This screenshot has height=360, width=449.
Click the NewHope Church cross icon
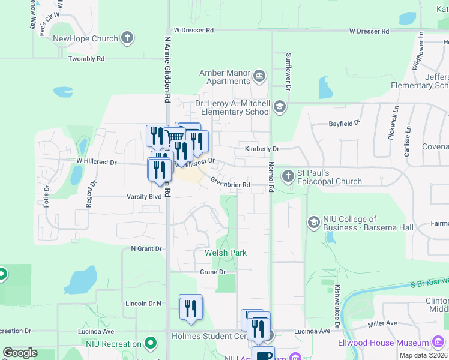127,39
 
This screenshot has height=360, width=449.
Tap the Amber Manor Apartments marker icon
259,75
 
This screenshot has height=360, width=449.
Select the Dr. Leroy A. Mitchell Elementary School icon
279,107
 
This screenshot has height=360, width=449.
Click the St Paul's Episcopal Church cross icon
289,176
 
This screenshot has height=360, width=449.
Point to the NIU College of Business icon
313,223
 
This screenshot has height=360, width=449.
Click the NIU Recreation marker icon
150,344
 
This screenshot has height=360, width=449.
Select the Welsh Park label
226,253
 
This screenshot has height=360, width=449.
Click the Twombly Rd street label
86,59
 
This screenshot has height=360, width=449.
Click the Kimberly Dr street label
262,148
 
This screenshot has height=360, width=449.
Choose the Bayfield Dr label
344,123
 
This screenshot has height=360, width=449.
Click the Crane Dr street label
212,272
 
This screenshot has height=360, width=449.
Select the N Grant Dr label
146,248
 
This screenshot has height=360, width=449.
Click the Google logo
20,353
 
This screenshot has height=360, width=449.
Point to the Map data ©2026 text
423,355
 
